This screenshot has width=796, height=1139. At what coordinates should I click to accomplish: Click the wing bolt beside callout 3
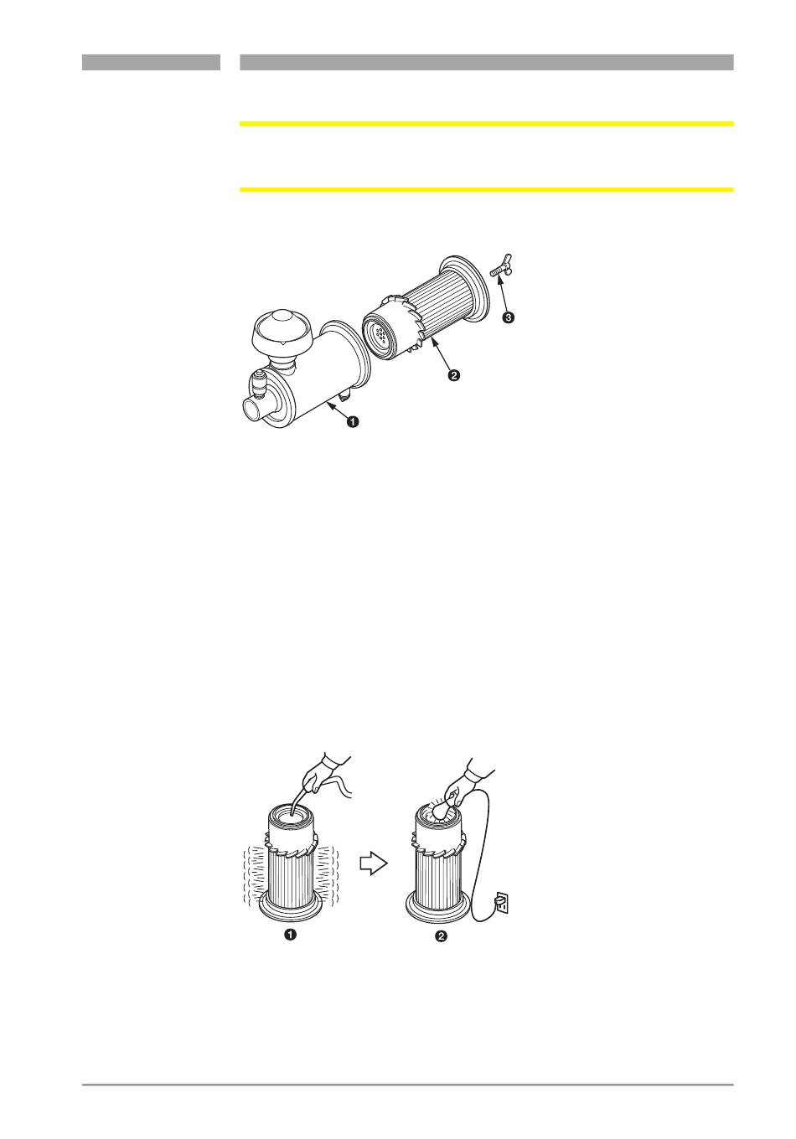pos(501,266)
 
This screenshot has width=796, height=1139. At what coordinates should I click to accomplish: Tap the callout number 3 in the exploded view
pos(508,317)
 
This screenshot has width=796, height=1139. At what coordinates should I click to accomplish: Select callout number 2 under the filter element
pos(453,375)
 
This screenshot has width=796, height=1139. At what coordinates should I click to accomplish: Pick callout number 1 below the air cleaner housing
pos(352,421)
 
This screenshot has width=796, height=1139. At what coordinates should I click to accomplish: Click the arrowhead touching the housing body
pos(331,405)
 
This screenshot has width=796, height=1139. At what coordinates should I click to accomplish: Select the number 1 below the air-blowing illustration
pos(291,935)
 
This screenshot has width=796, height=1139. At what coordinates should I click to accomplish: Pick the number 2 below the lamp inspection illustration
pos(441,935)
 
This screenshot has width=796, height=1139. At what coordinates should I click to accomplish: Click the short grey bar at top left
pos(151,62)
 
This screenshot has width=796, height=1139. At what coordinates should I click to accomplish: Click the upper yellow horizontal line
pos(487,124)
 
